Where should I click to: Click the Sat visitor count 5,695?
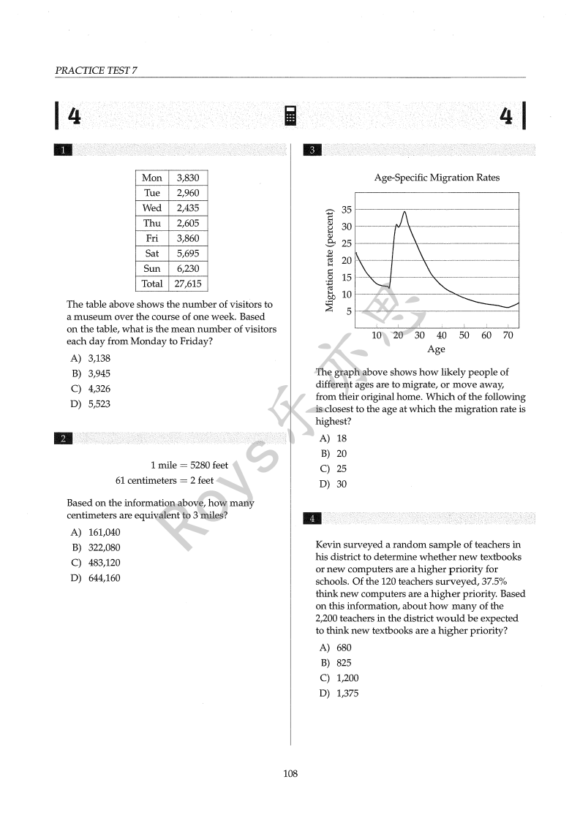click(187, 254)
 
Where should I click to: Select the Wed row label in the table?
click(152, 208)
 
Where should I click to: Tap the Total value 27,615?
click(187, 284)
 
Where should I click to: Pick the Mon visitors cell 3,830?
click(187, 178)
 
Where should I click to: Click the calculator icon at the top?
click(290, 115)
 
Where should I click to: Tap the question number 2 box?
click(64, 439)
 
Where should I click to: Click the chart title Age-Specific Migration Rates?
click(437, 178)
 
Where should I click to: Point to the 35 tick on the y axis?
click(346, 210)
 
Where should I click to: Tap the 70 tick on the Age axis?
click(508, 335)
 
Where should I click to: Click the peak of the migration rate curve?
click(404, 212)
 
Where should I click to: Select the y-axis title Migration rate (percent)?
click(329, 261)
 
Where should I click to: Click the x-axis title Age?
click(436, 349)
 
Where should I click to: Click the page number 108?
click(290, 774)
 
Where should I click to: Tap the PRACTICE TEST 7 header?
click(96, 70)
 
